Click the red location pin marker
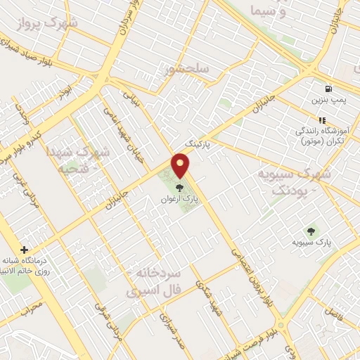(181, 166)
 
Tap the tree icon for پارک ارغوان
(181, 188)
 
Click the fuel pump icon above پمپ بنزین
(328, 89)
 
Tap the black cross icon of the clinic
(25, 250)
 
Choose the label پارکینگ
(198, 142)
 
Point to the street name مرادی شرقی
(112, 323)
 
